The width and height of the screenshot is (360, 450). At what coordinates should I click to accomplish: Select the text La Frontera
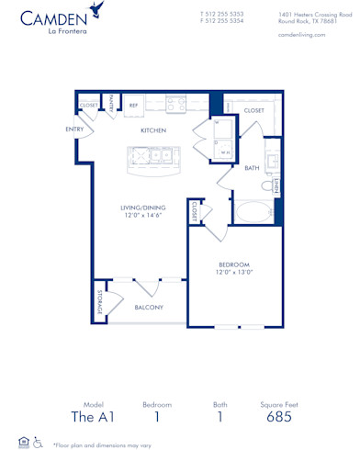(x=43, y=33)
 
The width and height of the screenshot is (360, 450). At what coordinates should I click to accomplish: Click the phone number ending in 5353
(x=221, y=15)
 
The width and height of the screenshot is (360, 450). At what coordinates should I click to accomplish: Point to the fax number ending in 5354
(x=221, y=22)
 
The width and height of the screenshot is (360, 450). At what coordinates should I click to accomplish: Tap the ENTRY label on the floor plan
(x=74, y=129)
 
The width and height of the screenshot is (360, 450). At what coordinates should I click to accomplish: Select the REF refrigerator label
(x=133, y=106)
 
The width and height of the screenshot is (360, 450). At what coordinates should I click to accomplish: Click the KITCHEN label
(x=153, y=130)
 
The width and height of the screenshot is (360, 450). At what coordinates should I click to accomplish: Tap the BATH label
(x=252, y=168)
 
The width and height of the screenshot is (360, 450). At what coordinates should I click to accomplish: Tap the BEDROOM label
(x=233, y=265)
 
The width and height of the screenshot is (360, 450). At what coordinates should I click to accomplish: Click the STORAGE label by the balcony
(x=99, y=303)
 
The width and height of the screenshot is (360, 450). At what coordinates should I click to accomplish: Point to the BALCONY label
(x=149, y=308)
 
